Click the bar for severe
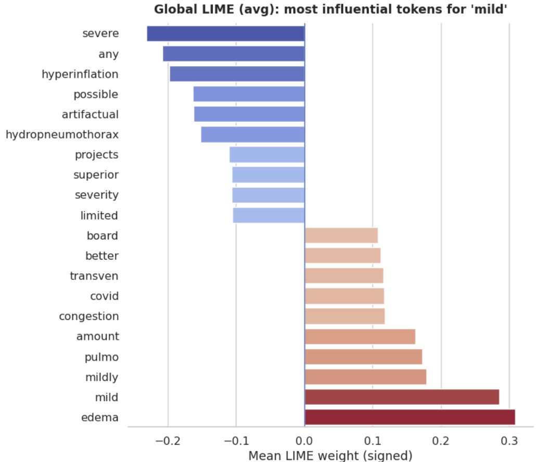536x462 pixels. coord(225,34)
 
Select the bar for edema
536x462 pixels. coord(410,417)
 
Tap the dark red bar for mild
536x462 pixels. coord(402,397)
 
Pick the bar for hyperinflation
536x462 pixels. coord(237,74)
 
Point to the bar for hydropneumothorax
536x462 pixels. coord(252,134)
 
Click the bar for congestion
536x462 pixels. coord(344,316)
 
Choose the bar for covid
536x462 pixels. coord(344,296)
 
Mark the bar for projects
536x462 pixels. coord(267,155)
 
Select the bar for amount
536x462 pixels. coord(360,337)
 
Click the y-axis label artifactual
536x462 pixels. coord(90,114)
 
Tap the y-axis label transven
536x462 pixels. coord(94,276)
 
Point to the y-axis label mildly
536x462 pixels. coord(102,377)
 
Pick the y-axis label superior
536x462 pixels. coord(96,175)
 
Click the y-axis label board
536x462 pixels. coord(103,236)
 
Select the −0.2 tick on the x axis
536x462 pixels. coord(168,440)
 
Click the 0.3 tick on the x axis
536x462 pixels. coord(509,440)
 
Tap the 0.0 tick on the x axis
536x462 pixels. coord(304,440)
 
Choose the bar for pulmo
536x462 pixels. coord(363,357)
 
